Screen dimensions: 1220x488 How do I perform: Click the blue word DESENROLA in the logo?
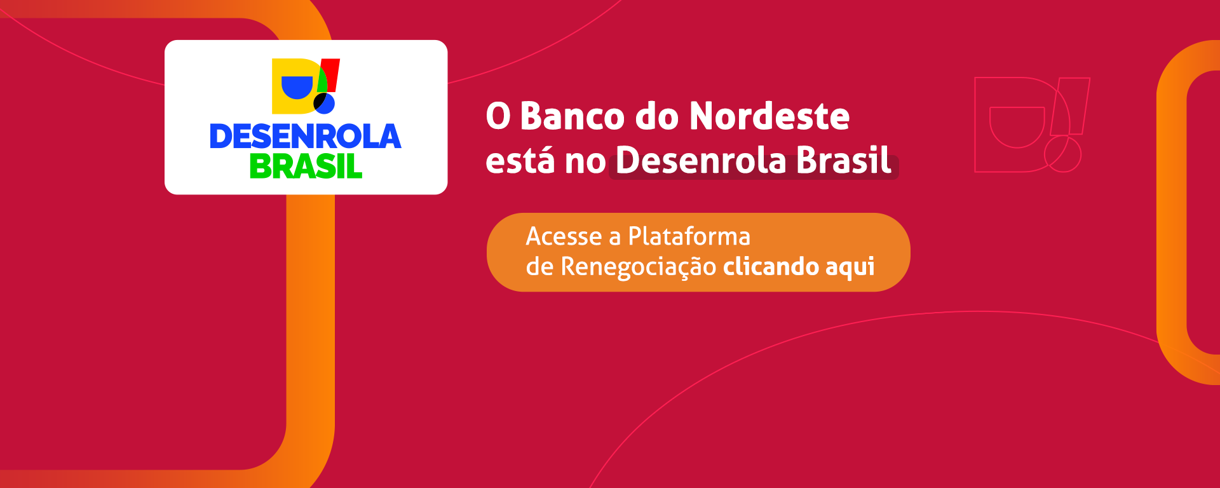(306, 137)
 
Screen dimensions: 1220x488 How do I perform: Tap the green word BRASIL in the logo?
(306, 166)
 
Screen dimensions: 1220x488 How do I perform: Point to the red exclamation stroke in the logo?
(331, 76)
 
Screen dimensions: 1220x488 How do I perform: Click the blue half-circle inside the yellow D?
(297, 88)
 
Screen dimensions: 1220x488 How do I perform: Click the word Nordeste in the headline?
(769, 116)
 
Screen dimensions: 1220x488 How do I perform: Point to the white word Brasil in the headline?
(844, 160)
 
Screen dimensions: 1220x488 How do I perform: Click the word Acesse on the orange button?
(564, 236)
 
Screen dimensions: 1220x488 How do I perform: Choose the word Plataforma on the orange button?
(689, 236)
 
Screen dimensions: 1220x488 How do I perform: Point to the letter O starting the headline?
(498, 116)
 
